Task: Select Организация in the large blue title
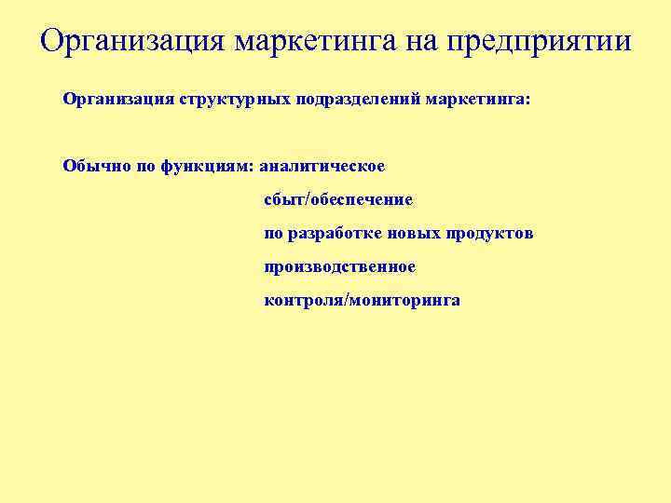[x=132, y=42]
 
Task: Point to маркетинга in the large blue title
[x=318, y=42]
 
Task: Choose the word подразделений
[x=359, y=99]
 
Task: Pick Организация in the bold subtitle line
[x=114, y=99]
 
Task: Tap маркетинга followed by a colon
[x=477, y=99]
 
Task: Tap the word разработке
[x=333, y=233]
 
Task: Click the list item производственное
[x=340, y=267]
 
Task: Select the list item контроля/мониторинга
[x=362, y=301]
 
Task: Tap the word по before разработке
[x=273, y=233]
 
